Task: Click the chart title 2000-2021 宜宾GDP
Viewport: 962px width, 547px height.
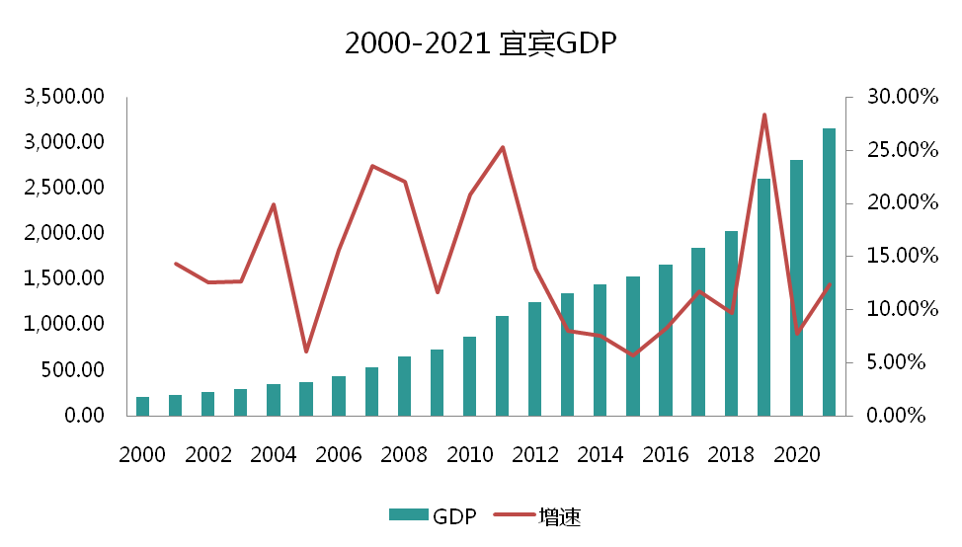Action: (481, 44)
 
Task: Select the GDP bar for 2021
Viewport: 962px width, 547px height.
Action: (829, 272)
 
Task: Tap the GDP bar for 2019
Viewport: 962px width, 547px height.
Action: (763, 296)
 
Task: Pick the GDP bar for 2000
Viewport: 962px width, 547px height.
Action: (142, 406)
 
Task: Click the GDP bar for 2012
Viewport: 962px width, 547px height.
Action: (534, 358)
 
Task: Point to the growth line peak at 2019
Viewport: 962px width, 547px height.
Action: (763, 115)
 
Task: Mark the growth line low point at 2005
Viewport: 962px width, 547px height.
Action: (306, 352)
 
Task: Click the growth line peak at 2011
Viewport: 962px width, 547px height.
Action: (503, 147)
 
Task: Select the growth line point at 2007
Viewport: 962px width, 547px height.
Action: (371, 166)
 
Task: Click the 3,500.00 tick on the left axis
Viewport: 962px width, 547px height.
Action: (66, 97)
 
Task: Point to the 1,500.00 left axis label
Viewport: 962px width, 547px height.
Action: (66, 279)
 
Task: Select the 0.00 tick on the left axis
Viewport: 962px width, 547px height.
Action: (80, 416)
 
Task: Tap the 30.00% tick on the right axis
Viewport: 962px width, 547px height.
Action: (897, 97)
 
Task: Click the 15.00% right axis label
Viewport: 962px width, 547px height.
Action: (897, 256)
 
